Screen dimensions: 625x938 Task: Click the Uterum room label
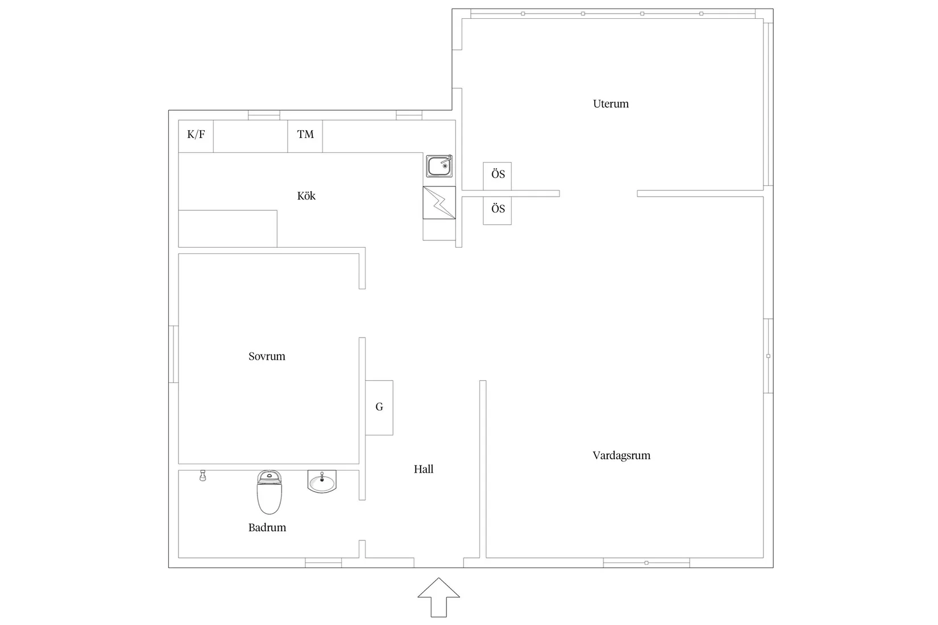[611, 104]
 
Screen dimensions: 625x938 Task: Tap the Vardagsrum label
[621, 456]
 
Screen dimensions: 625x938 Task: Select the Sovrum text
[267, 357]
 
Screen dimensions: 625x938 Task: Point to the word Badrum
[267, 528]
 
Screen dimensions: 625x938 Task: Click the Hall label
[424, 469]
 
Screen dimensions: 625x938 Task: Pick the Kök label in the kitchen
[306, 196]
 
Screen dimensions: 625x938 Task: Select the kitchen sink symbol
[439, 166]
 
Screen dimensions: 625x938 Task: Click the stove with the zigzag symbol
[439, 203]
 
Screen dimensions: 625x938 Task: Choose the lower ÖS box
[497, 210]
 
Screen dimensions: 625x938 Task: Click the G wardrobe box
[379, 407]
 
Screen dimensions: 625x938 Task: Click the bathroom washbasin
[322, 482]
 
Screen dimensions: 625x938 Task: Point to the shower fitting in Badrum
[202, 476]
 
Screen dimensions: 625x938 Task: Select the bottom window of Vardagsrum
[646, 563]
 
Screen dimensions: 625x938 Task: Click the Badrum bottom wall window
[323, 563]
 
